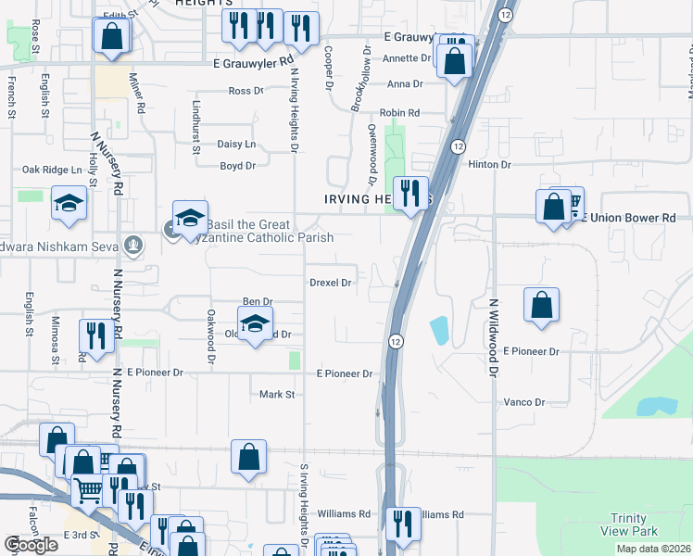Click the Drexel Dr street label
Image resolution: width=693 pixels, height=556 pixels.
pos(331,283)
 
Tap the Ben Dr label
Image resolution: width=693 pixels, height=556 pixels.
pos(257,302)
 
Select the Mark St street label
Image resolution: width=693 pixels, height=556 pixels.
pos(276,395)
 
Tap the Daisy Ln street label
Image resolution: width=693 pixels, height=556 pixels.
pos(235,144)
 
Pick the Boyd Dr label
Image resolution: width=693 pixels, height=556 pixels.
pos(237,166)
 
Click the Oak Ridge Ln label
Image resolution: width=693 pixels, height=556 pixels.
pos(52,170)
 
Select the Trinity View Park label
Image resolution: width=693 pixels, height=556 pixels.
pos(634,524)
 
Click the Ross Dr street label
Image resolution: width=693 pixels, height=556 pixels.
pos(246,91)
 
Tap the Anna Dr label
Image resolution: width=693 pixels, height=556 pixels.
pos(405,83)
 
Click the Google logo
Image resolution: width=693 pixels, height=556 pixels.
pos(31,545)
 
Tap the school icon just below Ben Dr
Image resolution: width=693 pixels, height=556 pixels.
pos(255,323)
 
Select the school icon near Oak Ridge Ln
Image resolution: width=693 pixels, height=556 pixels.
pos(69,203)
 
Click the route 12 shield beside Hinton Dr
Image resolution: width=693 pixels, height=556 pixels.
pos(458,147)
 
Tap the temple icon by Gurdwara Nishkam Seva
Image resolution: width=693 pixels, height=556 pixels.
pos(134,245)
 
